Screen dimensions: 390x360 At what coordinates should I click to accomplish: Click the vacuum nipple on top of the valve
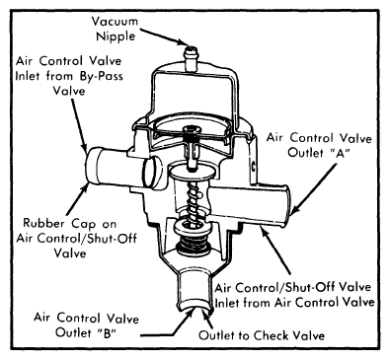(191, 58)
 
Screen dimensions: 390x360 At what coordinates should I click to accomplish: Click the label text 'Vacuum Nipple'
(116, 29)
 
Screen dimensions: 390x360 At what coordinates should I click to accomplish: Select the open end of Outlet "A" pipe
(286, 205)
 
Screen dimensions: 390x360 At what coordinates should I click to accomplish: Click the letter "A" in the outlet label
(340, 153)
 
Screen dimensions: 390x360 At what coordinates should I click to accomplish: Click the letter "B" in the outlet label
(107, 332)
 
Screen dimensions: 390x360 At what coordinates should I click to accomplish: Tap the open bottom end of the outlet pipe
(195, 305)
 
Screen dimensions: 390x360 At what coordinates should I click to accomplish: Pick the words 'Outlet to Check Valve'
(262, 335)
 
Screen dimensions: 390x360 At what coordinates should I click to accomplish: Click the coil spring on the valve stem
(194, 199)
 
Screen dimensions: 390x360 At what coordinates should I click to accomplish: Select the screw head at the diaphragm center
(193, 130)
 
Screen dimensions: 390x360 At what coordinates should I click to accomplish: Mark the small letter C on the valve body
(254, 166)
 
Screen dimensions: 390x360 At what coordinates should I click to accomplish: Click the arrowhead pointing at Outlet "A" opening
(297, 209)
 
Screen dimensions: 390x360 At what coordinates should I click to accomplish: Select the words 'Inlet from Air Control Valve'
(295, 302)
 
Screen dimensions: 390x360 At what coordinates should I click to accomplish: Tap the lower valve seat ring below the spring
(193, 227)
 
